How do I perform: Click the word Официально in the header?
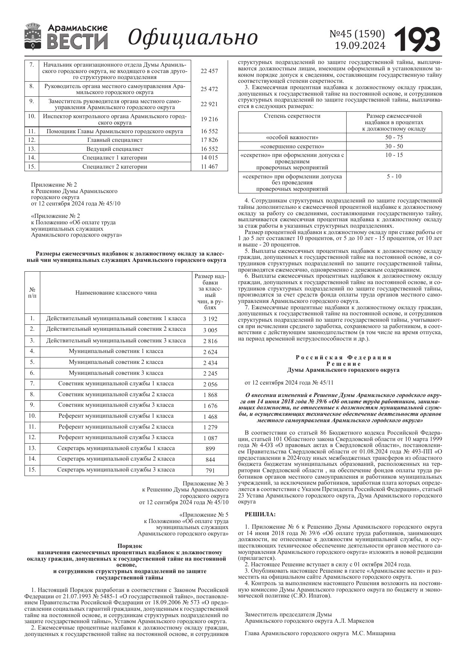(193, 37)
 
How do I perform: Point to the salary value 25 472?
(209, 89)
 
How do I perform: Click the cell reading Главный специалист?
(115, 140)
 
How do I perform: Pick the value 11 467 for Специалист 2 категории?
(209, 167)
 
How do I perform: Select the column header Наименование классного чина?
(116, 293)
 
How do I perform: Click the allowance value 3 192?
(210, 319)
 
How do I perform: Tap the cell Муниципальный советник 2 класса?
(116, 362)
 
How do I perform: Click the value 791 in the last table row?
(210, 470)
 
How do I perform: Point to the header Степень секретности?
(292, 116)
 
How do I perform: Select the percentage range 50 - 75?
(394, 137)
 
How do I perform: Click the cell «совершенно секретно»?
(292, 146)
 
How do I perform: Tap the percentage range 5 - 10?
(394, 176)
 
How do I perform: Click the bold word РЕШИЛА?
(260, 514)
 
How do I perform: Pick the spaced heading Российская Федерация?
(343, 357)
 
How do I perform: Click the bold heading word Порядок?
(126, 545)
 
